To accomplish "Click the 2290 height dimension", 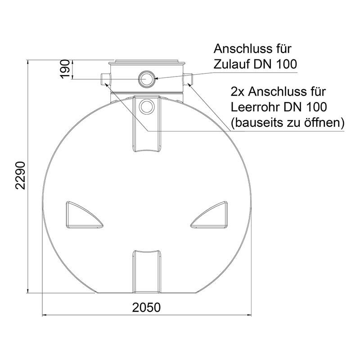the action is click(x=20, y=175).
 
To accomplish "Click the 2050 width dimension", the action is click(x=146, y=307).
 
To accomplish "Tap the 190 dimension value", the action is click(x=65, y=69).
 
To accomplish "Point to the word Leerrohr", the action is click(x=255, y=107).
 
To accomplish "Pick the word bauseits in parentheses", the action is click(x=255, y=123).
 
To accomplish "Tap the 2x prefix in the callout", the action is click(x=238, y=92).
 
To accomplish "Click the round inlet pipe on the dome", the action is click(x=147, y=78).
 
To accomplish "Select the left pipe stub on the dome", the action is click(x=106, y=79).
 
